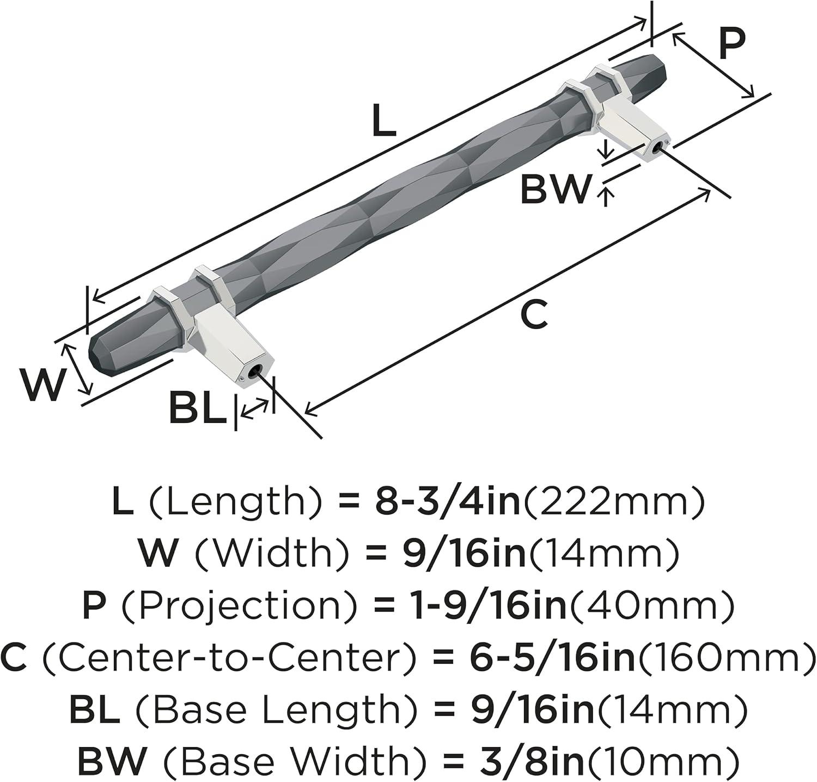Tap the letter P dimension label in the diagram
[x=731, y=43]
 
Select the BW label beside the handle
[x=556, y=189]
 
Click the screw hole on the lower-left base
[x=254, y=373]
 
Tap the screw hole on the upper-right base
[x=661, y=146]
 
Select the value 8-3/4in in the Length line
[x=449, y=502]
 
